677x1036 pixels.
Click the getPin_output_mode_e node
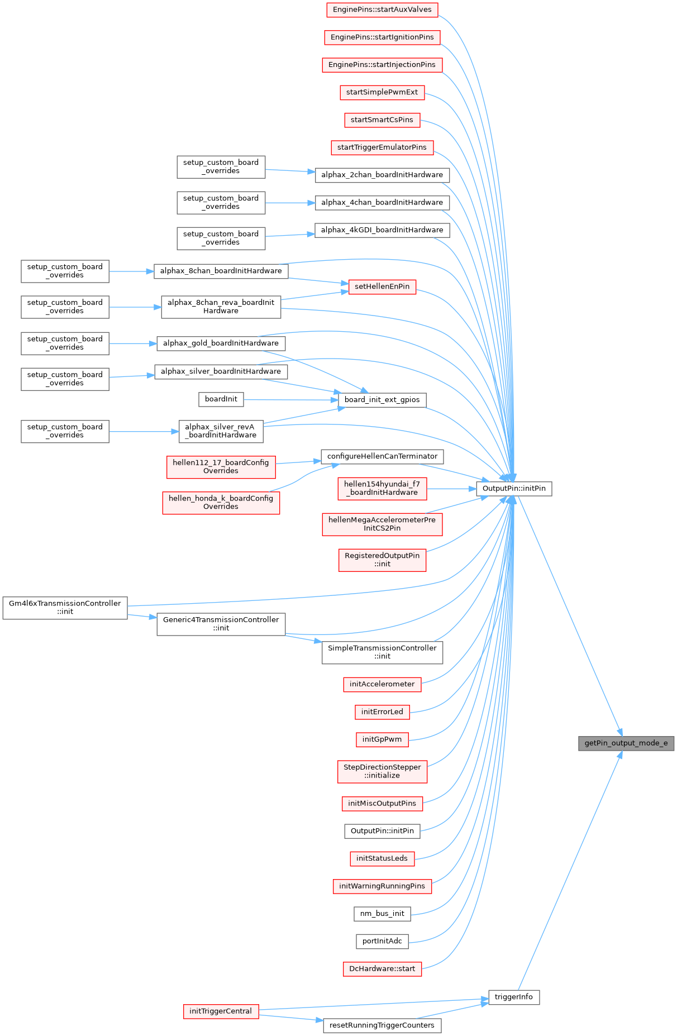(x=626, y=743)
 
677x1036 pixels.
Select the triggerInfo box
(x=514, y=997)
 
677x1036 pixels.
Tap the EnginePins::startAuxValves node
(x=382, y=9)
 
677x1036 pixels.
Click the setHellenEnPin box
(x=382, y=287)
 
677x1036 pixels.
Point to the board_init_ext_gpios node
(x=382, y=400)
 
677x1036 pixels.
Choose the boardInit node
(x=221, y=399)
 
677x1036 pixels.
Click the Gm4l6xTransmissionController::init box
(x=65, y=608)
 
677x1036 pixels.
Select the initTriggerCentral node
(x=221, y=1011)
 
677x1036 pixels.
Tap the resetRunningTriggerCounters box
(x=382, y=1025)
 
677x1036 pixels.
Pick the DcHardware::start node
(x=382, y=969)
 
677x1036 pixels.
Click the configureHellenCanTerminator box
(x=382, y=456)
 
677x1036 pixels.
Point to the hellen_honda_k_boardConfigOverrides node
(x=221, y=503)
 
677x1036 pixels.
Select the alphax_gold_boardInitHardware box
(x=221, y=343)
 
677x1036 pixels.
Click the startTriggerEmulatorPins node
(x=382, y=147)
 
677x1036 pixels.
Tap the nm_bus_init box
(x=382, y=914)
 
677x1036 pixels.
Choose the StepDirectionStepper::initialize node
(x=382, y=771)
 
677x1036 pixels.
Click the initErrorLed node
(x=382, y=712)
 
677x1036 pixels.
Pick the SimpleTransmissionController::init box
(x=382, y=652)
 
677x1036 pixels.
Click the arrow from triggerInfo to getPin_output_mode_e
(x=570, y=871)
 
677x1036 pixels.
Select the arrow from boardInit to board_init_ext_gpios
(x=290, y=399)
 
